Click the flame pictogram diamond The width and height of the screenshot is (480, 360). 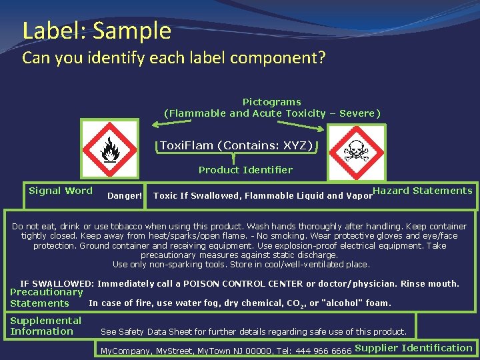pyautogui.click(x=109, y=150)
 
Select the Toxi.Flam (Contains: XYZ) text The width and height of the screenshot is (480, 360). pyautogui.click(x=236, y=145)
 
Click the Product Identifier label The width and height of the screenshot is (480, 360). pyautogui.click(x=245, y=170)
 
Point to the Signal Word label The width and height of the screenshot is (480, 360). pyautogui.click(x=61, y=191)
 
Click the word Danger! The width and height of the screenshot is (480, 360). pyautogui.click(x=125, y=196)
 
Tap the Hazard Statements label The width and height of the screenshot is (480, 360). pyautogui.click(x=423, y=191)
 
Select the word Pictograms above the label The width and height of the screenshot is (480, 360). pyautogui.click(x=271, y=102)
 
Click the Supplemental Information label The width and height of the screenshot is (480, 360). pyautogui.click(x=45, y=326)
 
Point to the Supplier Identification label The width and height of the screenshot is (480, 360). pyautogui.click(x=413, y=348)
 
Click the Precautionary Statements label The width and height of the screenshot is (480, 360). pyautogui.click(x=46, y=298)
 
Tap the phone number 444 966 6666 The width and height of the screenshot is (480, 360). pyautogui.click(x=323, y=351)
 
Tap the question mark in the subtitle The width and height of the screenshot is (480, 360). pyautogui.click(x=321, y=58)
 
